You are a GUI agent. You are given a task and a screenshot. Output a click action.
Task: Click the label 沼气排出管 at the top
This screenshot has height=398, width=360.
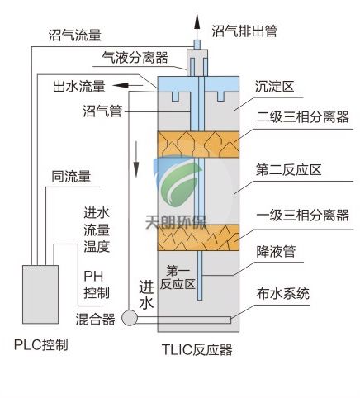244,32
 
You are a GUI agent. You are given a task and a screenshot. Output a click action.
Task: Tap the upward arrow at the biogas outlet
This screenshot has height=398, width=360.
197,16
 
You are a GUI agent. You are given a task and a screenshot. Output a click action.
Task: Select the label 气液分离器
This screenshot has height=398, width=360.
135,58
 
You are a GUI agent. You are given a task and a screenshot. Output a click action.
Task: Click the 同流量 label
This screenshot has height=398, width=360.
71,175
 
